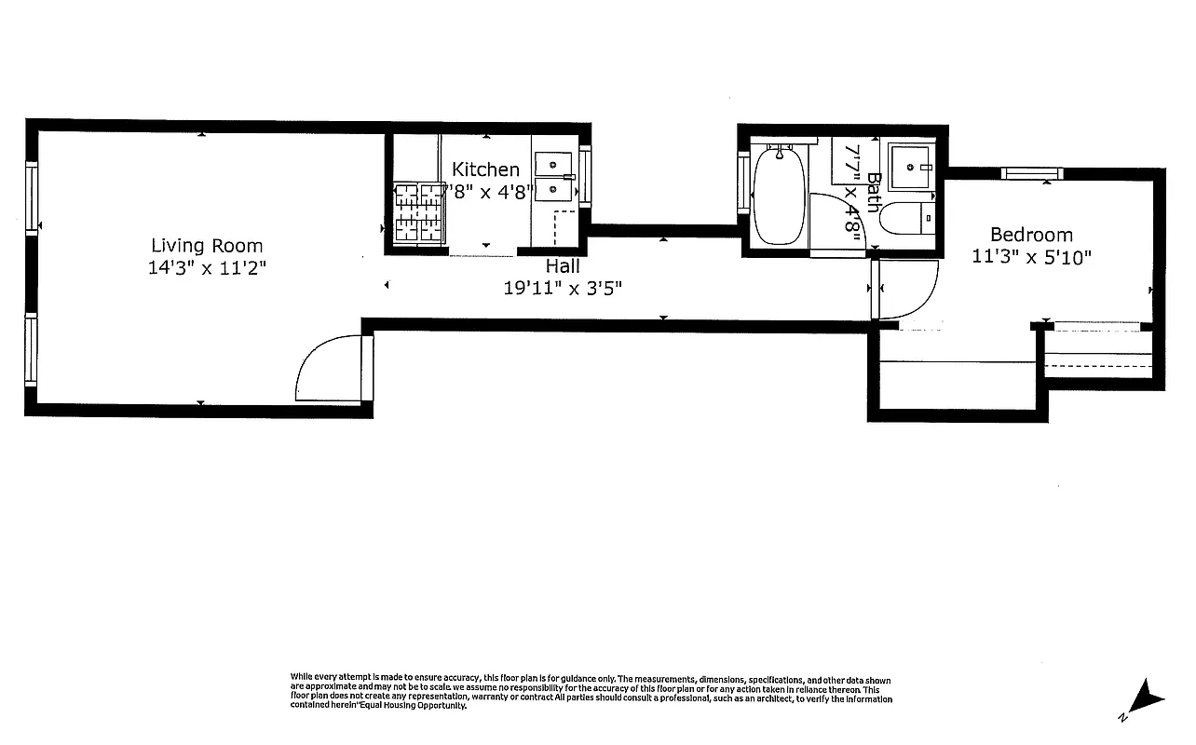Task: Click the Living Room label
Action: point(207,246)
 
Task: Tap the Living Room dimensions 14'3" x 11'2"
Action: point(207,268)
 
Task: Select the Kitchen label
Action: point(485,169)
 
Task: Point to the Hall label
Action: point(563,266)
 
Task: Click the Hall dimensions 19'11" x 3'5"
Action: point(563,289)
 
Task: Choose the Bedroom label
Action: point(1031,235)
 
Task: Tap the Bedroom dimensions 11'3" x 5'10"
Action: point(1031,257)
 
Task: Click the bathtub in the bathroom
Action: point(779,196)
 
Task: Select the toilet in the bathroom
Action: point(901,220)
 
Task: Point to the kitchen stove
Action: point(420,212)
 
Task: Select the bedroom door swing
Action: point(905,289)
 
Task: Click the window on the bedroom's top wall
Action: point(1031,172)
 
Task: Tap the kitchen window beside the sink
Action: point(585,175)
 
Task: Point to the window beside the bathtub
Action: point(743,185)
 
